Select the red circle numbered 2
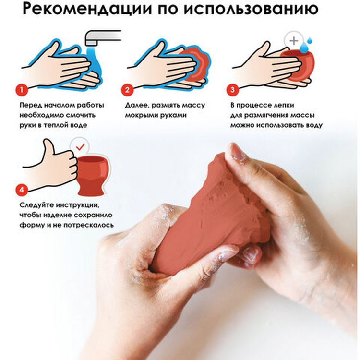(x=127, y=89)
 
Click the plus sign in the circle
(x=292, y=41)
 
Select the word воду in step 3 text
(x=312, y=125)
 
